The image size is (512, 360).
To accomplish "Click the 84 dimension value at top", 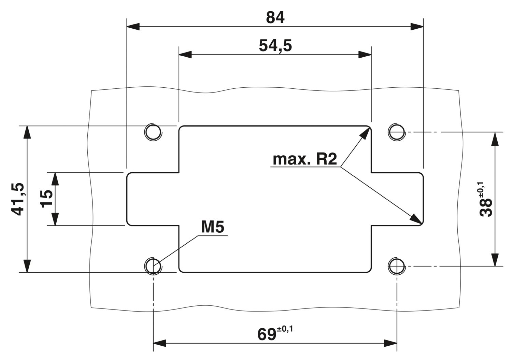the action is click(x=275, y=18).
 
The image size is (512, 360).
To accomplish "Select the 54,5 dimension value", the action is click(x=275, y=45).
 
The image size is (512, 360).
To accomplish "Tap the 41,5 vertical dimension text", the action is click(x=18, y=199).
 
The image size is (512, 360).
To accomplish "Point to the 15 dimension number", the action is click(x=46, y=198).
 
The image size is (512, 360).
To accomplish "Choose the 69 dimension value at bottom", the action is click(x=267, y=334).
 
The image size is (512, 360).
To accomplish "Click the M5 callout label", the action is click(x=213, y=227).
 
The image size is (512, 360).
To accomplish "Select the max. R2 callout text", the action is click(x=305, y=159).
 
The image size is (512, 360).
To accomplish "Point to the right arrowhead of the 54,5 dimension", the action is click(x=365, y=55).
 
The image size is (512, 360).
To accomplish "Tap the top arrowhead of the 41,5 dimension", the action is click(x=27, y=132).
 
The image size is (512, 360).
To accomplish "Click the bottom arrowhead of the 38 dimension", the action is click(x=495, y=260).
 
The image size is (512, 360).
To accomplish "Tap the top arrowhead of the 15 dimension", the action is click(x=55, y=179).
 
